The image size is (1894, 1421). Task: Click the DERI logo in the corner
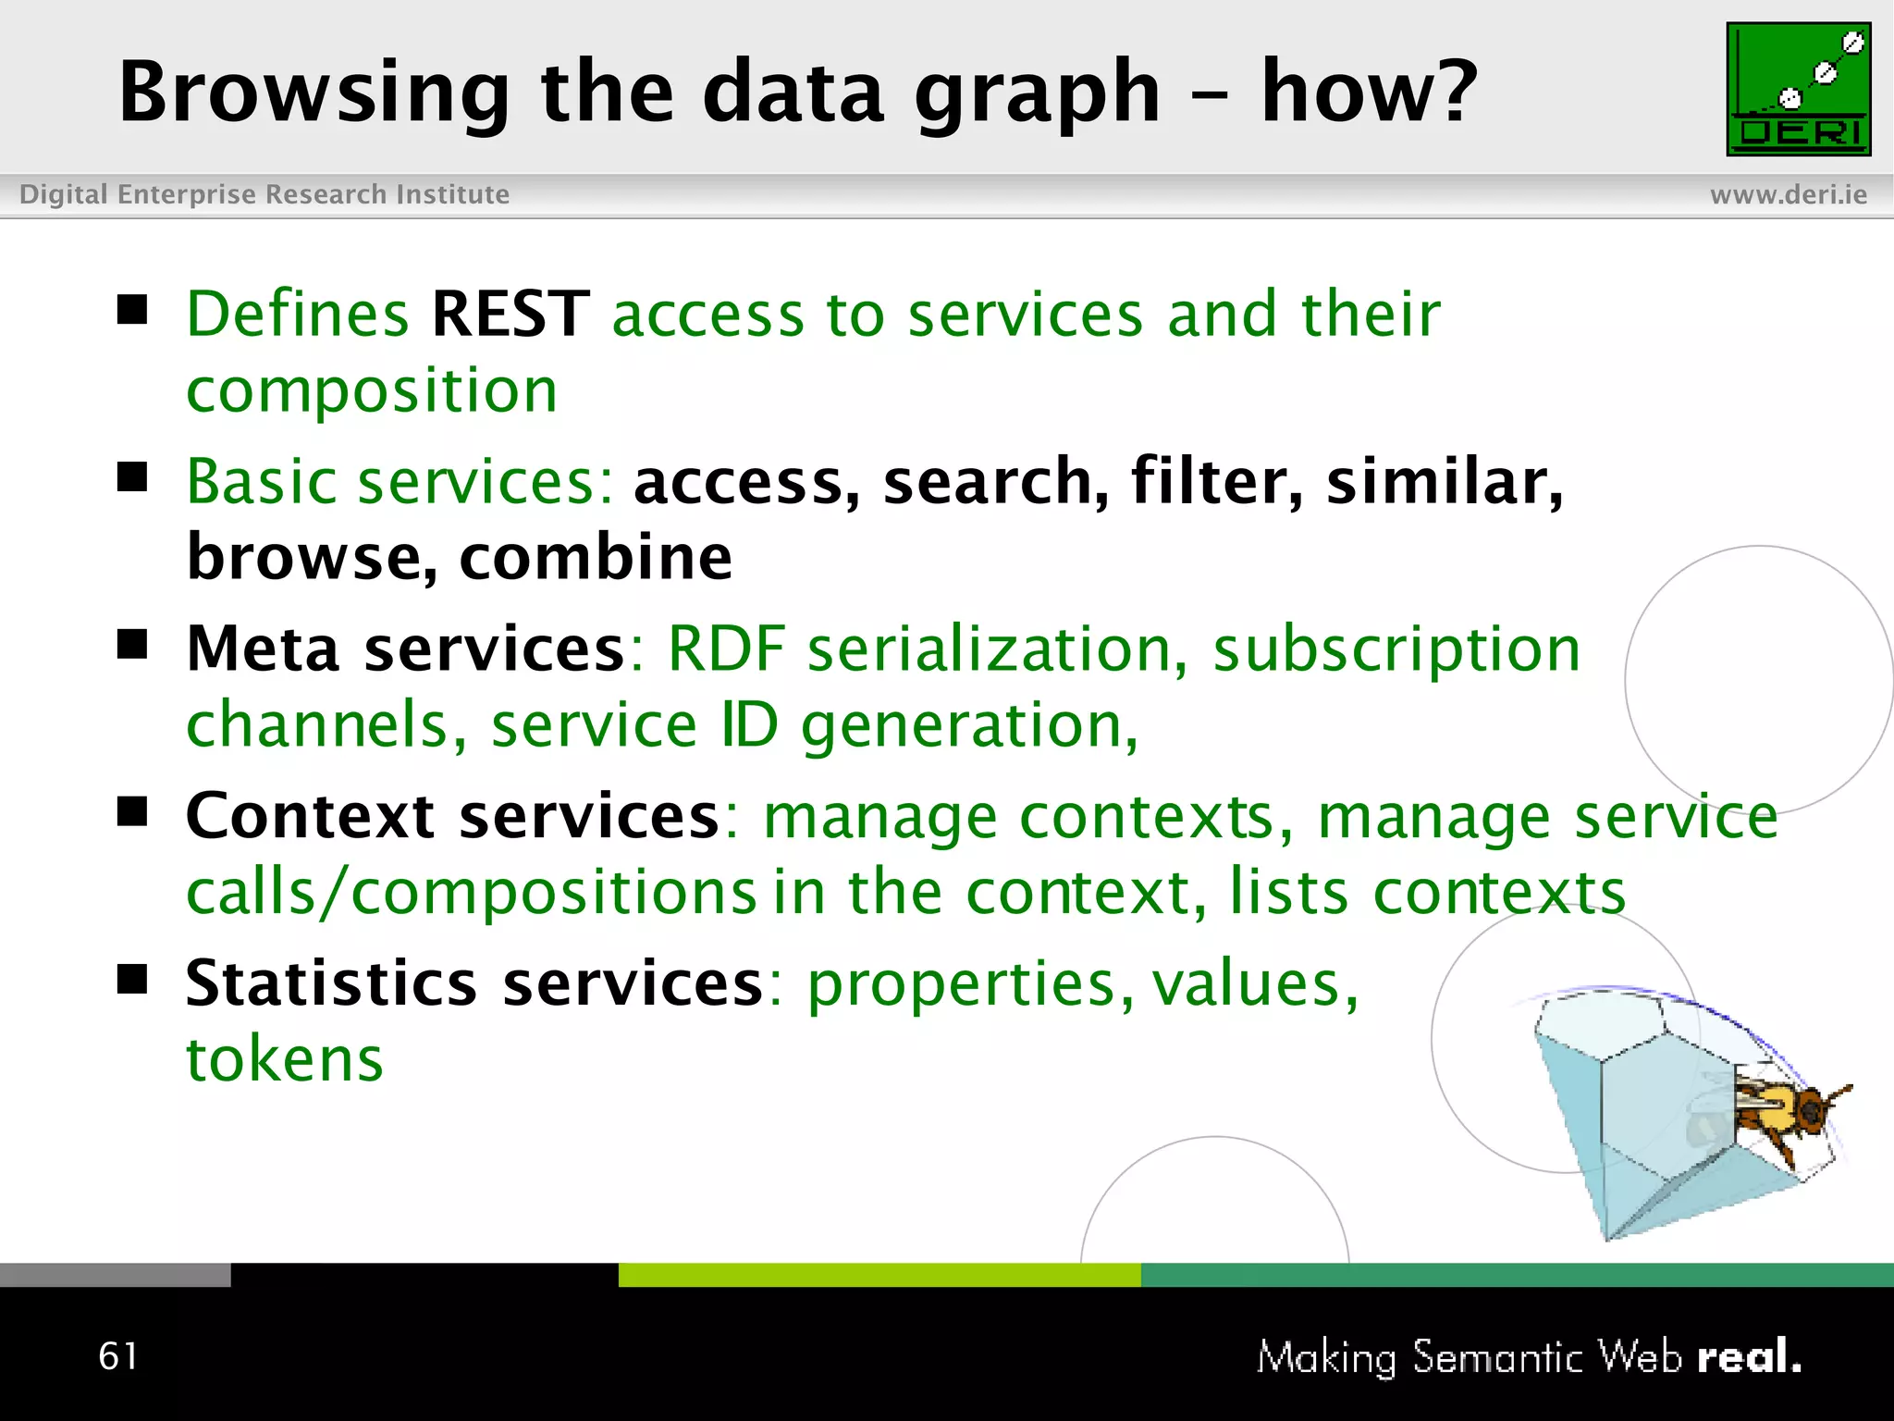tap(1798, 90)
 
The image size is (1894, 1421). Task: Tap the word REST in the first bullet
tap(510, 315)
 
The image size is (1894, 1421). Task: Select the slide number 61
tap(118, 1356)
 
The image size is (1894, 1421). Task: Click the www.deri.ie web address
tap(1788, 195)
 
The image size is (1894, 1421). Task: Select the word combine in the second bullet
tap(596, 558)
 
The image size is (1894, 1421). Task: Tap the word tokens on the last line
tap(285, 1059)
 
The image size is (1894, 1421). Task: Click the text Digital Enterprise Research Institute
tap(264, 195)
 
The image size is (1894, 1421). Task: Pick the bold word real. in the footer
tap(1749, 1357)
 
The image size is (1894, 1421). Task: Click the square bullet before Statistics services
tap(133, 978)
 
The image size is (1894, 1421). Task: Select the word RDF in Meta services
tap(726, 649)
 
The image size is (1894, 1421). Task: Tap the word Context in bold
tap(310, 817)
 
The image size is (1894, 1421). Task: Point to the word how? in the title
tap(1370, 93)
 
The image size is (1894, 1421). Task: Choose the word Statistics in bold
tap(331, 983)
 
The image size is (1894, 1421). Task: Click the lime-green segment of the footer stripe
tap(879, 1275)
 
